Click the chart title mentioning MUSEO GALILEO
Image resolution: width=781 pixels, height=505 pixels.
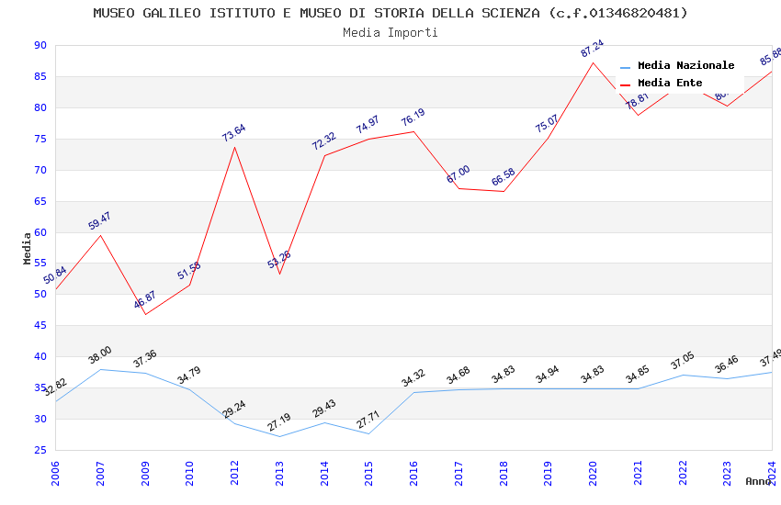tap(390, 13)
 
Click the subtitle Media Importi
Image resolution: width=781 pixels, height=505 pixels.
tap(390, 32)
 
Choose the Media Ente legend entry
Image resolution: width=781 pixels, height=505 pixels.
tap(670, 83)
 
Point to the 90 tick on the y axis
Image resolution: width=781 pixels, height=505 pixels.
tap(40, 45)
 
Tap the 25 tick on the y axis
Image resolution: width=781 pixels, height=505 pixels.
tap(40, 450)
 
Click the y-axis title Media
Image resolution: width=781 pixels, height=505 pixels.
tap(27, 248)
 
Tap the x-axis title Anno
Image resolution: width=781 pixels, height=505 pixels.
tap(758, 481)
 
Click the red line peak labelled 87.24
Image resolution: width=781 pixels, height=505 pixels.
tap(593, 62)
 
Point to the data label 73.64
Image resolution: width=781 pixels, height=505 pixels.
tap(234, 133)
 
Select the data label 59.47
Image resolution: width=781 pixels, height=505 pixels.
tap(100, 220)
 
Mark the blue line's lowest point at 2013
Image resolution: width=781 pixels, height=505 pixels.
tap(279, 436)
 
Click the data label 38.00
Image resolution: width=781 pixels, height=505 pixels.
tap(100, 355)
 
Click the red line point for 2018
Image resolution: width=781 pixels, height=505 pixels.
tap(503, 191)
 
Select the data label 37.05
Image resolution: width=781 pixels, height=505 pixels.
tap(683, 362)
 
